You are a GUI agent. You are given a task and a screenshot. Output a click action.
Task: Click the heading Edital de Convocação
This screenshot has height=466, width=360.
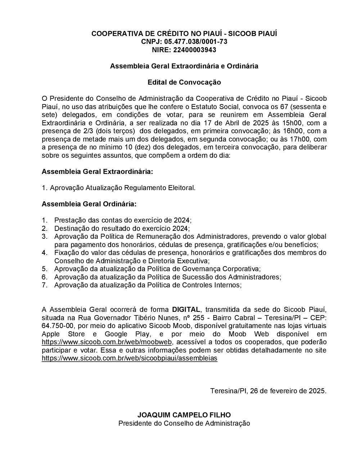click(x=184, y=82)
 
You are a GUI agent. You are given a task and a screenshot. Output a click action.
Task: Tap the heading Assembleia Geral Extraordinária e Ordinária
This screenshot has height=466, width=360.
click(x=184, y=66)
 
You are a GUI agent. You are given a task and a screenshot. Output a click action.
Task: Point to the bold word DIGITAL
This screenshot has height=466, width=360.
click(x=186, y=310)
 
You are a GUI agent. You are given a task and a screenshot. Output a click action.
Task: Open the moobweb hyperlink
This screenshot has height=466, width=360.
click(x=107, y=342)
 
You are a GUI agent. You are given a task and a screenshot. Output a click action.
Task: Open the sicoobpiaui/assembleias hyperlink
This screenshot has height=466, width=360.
click(x=130, y=358)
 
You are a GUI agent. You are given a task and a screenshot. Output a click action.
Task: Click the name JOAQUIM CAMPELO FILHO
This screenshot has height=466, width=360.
click(x=184, y=415)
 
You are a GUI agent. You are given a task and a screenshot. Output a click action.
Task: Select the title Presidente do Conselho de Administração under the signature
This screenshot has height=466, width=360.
click(x=184, y=424)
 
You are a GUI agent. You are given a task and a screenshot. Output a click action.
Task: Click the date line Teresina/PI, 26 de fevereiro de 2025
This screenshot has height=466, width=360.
click(x=268, y=391)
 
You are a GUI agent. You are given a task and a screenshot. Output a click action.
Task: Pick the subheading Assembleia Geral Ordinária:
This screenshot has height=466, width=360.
click(x=89, y=204)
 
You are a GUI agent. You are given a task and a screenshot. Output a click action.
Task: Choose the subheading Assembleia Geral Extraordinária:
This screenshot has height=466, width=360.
click(x=97, y=172)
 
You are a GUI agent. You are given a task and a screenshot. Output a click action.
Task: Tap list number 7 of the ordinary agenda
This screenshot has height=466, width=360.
click(x=45, y=285)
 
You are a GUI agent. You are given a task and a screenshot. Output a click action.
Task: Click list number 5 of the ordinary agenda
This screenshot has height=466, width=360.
click(x=45, y=269)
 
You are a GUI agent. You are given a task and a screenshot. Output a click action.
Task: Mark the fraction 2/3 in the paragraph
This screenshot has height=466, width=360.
click(x=88, y=131)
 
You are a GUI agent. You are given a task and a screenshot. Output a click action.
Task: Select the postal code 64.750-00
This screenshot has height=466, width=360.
click(x=58, y=326)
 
